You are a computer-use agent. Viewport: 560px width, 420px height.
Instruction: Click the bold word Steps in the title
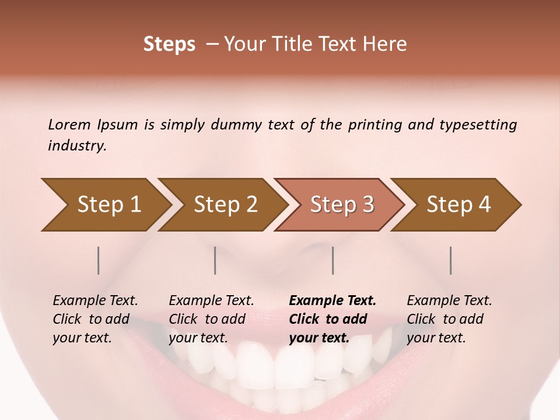coord(169,44)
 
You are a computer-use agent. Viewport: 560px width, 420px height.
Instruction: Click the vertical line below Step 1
coord(99,260)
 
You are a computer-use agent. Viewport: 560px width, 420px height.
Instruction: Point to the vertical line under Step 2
coord(215,260)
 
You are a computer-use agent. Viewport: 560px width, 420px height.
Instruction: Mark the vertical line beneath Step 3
coord(333,260)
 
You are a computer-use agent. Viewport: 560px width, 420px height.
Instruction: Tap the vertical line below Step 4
coord(451,260)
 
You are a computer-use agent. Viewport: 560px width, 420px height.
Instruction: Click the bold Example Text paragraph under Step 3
coord(332,319)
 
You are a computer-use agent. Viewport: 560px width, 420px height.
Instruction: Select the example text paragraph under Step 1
coord(95,319)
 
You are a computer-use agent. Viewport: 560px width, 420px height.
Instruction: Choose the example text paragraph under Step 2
coord(211,319)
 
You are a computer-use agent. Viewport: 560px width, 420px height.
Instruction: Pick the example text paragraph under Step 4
coord(449,319)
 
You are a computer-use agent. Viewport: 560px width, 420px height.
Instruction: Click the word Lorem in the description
coord(69,124)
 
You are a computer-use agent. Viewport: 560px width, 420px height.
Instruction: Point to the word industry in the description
coord(77,146)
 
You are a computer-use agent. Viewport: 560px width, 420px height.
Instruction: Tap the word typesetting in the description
coord(478,124)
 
